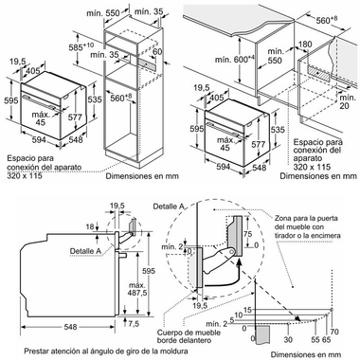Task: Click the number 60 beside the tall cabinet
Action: (x=157, y=50)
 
